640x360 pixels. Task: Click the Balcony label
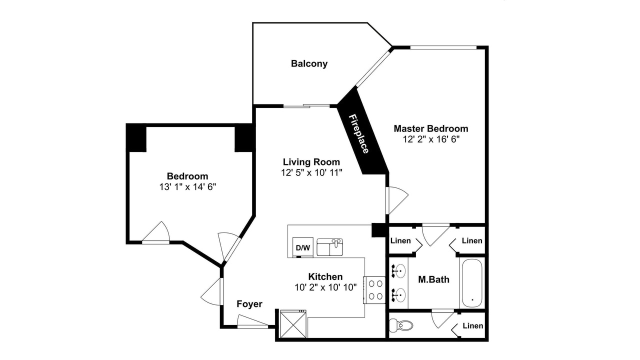[309, 63]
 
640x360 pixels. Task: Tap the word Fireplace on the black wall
[359, 133]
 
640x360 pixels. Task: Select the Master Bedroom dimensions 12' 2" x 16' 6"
[431, 139]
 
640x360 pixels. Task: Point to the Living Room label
[311, 162]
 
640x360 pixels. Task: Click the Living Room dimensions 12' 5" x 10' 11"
[311, 172]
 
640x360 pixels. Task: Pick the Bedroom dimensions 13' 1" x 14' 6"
[187, 187]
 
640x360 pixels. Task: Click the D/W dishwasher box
[303, 247]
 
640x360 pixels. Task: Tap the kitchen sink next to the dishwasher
[329, 247]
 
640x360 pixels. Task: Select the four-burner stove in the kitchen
[374, 290]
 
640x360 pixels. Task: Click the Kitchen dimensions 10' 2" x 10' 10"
[325, 287]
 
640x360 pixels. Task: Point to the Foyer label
[249, 304]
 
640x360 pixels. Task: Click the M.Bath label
[433, 279]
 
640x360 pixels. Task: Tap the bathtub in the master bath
[472, 283]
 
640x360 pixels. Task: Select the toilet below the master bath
[401, 325]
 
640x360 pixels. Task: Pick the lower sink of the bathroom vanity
[398, 294]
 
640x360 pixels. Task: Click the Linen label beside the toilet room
[473, 325]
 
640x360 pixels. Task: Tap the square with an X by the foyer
[293, 324]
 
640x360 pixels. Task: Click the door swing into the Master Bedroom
[397, 200]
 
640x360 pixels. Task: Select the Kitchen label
[325, 277]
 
